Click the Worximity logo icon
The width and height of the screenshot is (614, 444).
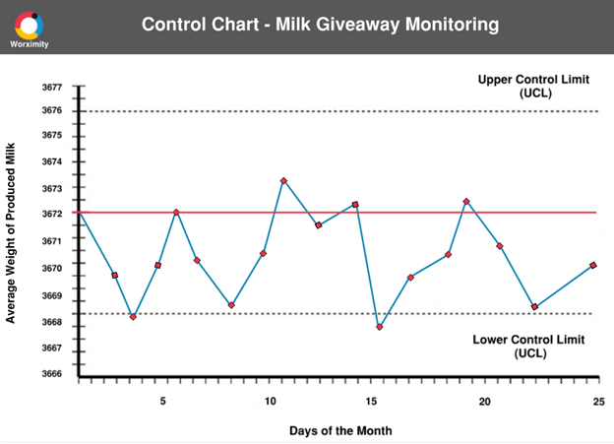point(30,24)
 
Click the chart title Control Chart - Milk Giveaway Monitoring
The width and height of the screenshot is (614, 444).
point(320,24)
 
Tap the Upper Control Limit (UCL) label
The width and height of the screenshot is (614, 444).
point(534,86)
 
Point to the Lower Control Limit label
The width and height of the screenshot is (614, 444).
point(528,346)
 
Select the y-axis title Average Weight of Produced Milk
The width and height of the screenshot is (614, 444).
point(11,230)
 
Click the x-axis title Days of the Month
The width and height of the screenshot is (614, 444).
point(340,430)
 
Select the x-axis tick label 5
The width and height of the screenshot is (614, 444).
point(163,401)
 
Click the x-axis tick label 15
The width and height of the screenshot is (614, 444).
point(371,401)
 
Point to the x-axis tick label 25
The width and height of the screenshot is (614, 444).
point(597,401)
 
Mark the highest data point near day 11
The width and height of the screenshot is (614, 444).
point(283,181)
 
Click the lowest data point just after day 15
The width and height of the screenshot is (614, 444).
point(380,327)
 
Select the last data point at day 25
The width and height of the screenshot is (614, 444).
point(593,266)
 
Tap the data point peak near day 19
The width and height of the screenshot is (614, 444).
point(466,202)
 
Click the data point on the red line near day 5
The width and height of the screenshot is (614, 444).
point(176,213)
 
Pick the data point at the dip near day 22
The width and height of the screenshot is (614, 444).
point(534,307)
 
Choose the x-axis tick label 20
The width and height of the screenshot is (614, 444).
point(485,401)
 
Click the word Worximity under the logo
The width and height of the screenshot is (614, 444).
point(30,44)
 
